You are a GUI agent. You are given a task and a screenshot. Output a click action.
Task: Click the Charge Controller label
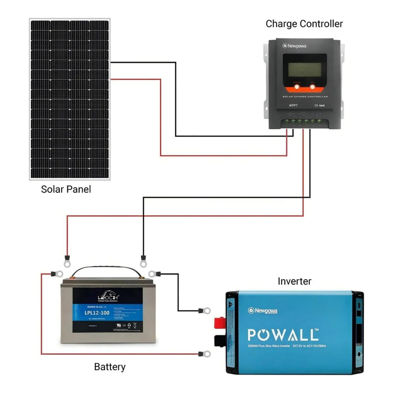click(304, 24)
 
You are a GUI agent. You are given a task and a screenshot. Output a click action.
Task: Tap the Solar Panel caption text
click(66, 189)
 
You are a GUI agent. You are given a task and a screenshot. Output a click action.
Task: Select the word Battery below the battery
click(110, 367)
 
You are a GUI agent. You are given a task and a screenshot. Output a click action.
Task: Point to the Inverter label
click(294, 281)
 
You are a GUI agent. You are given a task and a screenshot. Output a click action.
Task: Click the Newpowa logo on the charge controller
click(294, 46)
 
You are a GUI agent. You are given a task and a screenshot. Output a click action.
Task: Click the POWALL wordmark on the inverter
click(283, 334)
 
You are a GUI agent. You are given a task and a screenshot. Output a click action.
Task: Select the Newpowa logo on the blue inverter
click(263, 310)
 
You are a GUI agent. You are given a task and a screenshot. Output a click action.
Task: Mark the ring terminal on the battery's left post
click(59, 274)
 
